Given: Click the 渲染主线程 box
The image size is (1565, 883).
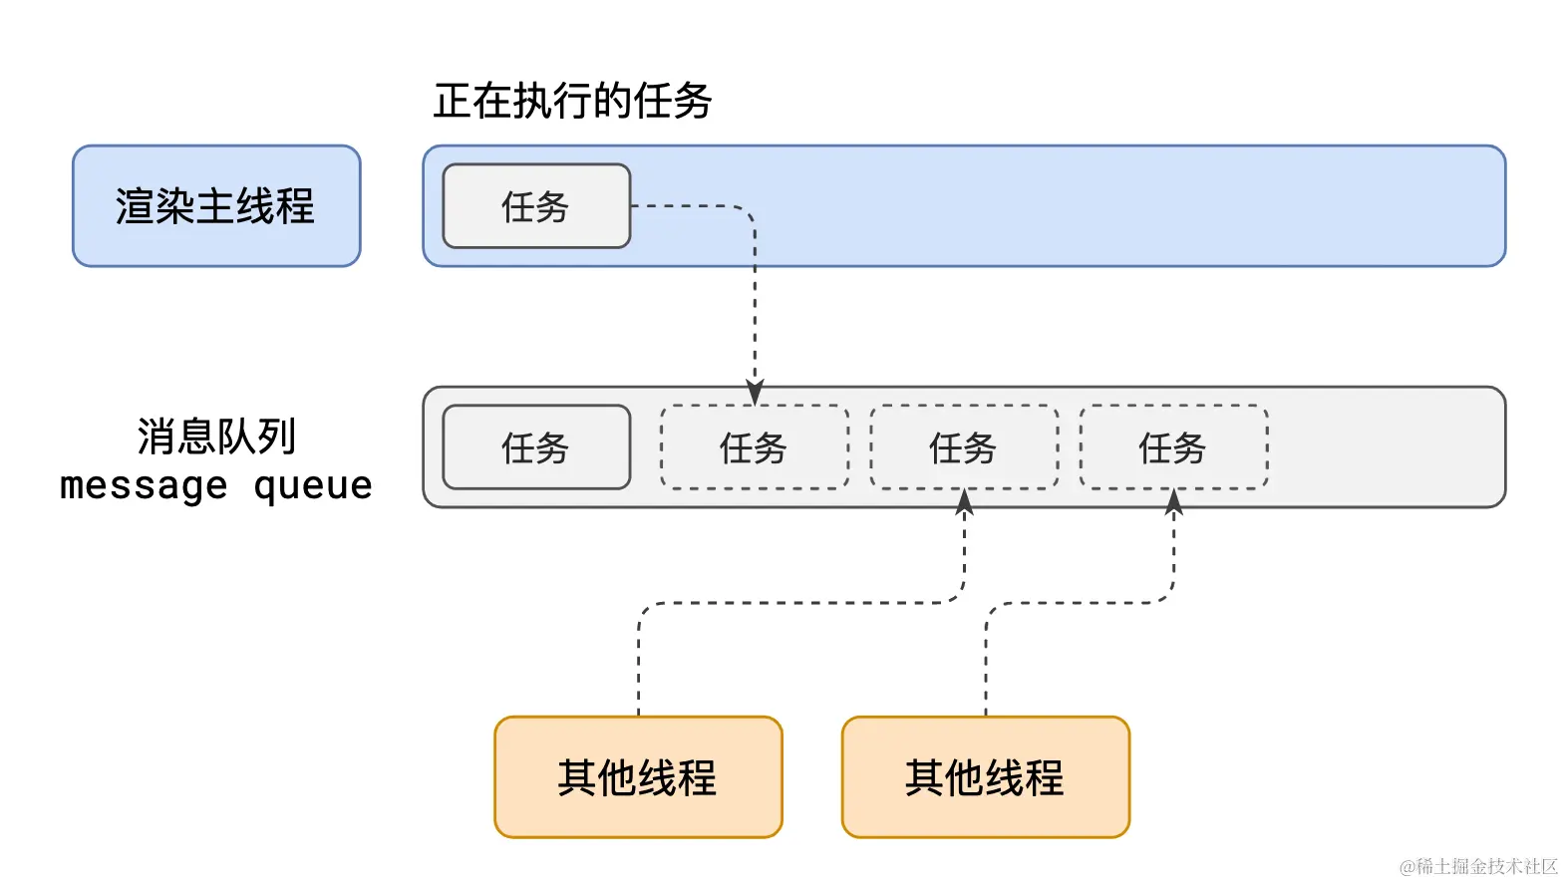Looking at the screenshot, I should (x=216, y=206).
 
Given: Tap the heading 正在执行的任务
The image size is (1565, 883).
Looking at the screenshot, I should (x=572, y=101).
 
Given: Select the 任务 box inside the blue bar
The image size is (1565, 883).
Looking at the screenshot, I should (x=536, y=206).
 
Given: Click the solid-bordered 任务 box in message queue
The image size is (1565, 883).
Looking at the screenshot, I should (x=536, y=447).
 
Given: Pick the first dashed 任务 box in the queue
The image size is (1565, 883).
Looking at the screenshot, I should (x=755, y=447).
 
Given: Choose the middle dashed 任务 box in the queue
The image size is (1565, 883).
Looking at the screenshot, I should (x=964, y=447).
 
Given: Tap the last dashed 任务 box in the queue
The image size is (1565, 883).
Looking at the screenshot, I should (x=1173, y=447).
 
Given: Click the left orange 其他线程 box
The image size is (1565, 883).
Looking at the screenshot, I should (x=638, y=777).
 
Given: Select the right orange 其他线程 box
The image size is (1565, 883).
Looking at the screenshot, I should (x=985, y=777).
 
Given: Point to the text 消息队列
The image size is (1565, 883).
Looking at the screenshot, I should (x=216, y=437).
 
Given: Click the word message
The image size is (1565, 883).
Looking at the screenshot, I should (x=144, y=486).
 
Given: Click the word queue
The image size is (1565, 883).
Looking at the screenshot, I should (x=313, y=486).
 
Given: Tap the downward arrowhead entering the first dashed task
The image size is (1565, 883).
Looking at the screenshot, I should (x=755, y=393).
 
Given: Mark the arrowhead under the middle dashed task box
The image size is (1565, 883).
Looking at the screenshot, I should (x=964, y=501).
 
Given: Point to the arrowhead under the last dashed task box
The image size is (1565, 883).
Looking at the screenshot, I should (x=1174, y=501).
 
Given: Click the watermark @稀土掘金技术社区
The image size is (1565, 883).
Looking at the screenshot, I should (x=1478, y=866).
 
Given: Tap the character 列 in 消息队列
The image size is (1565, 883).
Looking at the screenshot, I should (x=276, y=437).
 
